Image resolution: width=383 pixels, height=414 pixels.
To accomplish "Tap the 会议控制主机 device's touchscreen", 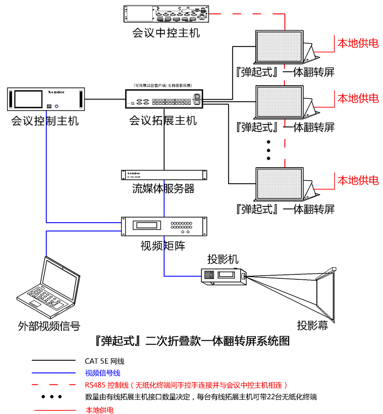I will coord(30,99).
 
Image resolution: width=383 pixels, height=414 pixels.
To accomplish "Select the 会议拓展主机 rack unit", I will coord(164,99).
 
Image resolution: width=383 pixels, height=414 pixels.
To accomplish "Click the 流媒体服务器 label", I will coord(164,188).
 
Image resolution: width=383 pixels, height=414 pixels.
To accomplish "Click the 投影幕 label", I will coord(312,326).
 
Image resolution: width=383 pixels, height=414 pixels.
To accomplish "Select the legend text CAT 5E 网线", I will coord(104,361).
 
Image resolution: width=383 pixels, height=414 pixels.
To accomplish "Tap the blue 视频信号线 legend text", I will coord(103,373).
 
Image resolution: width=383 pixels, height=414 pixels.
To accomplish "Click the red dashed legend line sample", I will coord(54,385).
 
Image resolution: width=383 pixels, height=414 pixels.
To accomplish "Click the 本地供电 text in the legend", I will coord(100,410).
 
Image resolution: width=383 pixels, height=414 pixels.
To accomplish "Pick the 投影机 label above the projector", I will coord(223,259).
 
